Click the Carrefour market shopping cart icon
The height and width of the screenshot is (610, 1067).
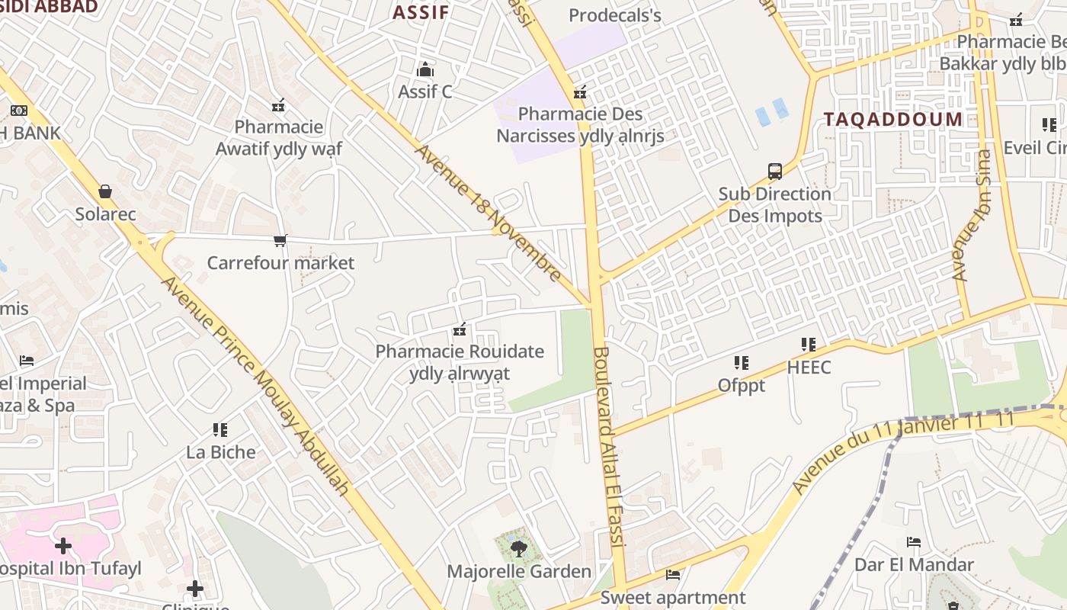(x=280, y=241)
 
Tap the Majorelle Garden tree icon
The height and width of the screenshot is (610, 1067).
(x=518, y=548)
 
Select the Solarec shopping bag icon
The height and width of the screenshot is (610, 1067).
(x=105, y=191)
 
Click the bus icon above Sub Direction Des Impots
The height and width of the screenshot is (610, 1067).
(x=775, y=172)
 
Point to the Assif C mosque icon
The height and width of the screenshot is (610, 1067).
(x=425, y=70)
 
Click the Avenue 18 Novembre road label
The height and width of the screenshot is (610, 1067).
(x=488, y=213)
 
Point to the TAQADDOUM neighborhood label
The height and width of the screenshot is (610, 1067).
(x=892, y=119)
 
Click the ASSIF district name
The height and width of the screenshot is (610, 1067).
(x=421, y=12)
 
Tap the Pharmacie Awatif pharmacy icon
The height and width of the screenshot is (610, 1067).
(x=279, y=104)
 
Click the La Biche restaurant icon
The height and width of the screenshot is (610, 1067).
(x=220, y=430)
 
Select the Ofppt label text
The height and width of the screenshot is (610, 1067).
(x=741, y=386)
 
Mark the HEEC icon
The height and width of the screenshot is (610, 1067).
(x=809, y=345)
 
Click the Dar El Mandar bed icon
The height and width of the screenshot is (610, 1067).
(x=914, y=542)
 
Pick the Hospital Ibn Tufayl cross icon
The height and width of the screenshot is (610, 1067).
(x=63, y=546)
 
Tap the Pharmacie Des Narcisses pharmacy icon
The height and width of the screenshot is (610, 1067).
(x=580, y=93)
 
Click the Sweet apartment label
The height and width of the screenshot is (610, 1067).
(x=673, y=598)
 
